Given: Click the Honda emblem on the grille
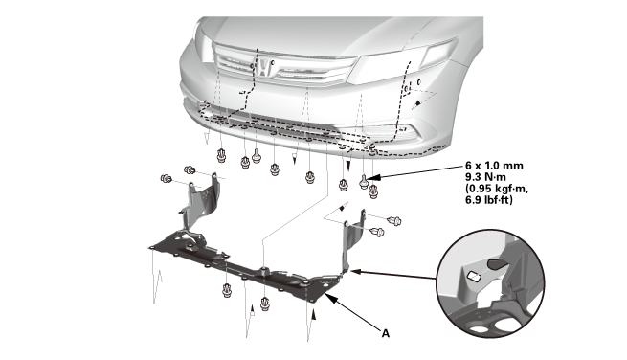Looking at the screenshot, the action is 263,68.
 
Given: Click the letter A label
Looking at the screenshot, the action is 385,333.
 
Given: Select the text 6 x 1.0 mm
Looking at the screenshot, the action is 494,166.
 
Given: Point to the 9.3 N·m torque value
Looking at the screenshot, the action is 485,177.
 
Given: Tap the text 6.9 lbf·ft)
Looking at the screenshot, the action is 488,200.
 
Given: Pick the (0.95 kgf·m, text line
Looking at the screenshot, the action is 497,189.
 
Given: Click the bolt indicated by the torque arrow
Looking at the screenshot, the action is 364,182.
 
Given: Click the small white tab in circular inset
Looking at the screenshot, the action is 474,276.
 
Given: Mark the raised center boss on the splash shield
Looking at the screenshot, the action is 263,270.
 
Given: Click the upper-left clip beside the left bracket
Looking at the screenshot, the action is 190,170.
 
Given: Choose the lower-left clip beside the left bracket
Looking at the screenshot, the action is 166,178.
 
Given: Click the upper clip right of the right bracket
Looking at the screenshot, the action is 394,220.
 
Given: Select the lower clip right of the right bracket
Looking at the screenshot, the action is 377,232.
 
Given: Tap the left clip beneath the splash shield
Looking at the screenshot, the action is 228,290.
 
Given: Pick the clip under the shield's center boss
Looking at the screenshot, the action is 265,304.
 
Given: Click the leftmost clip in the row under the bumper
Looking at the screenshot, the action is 221,156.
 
